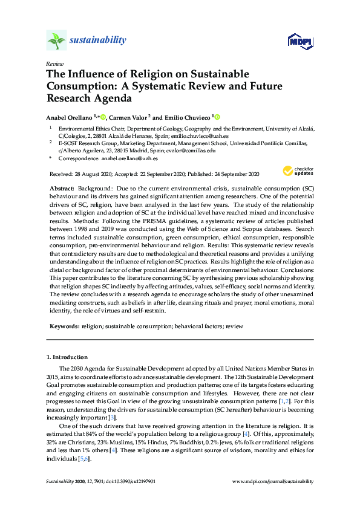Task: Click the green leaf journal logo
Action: click(56, 41)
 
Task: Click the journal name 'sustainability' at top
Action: click(98, 41)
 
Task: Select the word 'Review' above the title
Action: click(53, 63)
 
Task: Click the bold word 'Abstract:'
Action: click(62, 189)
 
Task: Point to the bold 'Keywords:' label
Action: click(64, 326)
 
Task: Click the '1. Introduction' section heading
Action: click(67, 357)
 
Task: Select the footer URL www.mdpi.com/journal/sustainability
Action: click(273, 481)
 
